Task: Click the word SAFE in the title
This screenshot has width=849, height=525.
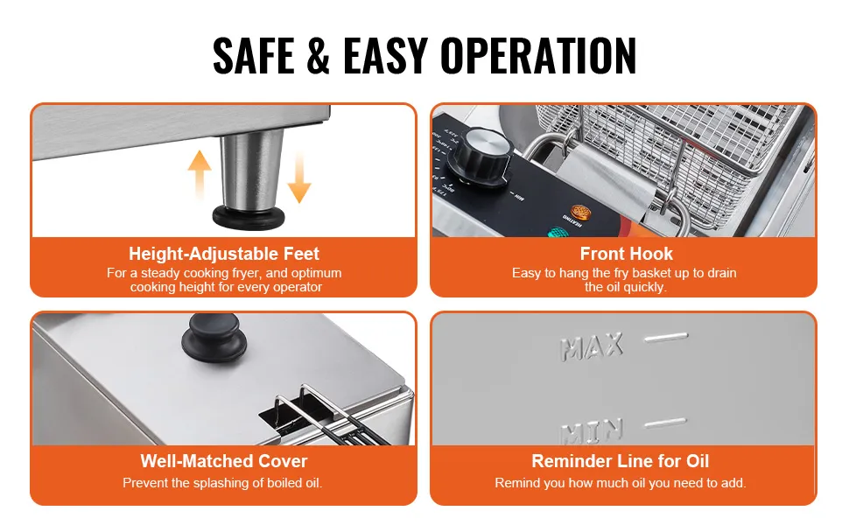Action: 254,55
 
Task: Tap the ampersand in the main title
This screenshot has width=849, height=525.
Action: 319,55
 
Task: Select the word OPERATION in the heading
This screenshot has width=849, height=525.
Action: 538,55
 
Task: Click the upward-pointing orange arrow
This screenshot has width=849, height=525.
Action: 200,174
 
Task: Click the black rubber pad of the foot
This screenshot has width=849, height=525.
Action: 249,216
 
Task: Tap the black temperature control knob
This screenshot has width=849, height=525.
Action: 482,154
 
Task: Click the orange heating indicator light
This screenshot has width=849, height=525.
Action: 580,211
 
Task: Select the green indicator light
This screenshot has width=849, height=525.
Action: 558,233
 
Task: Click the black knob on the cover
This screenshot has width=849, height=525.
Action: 214,337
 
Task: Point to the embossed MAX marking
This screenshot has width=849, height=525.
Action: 592,346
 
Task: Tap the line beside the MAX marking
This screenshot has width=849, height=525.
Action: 666,338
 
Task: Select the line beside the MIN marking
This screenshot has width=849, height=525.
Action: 665,423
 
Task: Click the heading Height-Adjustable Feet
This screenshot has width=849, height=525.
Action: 224,254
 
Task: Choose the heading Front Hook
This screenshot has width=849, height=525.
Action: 627,254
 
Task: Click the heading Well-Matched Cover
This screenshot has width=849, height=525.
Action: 224,461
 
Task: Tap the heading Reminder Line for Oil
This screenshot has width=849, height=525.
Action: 621,461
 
